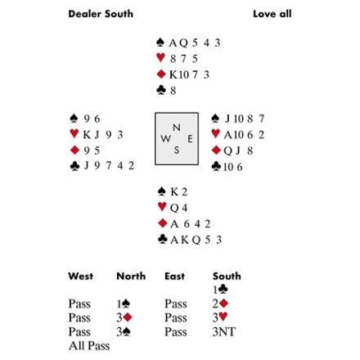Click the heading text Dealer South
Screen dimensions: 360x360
(101, 14)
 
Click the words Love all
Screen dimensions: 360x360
(272, 14)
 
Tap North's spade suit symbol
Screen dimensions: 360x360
(160, 43)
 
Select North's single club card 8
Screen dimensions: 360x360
(173, 91)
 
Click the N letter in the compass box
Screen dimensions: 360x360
(177, 128)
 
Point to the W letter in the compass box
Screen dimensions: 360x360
(165, 139)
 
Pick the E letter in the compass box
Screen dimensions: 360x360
(190, 139)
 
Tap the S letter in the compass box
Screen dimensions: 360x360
(177, 150)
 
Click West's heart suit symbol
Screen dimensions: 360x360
(74, 133)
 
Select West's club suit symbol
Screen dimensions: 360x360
(74, 166)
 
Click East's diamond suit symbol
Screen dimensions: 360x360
(216, 150)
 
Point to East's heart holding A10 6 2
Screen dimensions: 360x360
(244, 134)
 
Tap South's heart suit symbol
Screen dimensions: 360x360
(162, 207)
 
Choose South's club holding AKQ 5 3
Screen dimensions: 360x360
(196, 240)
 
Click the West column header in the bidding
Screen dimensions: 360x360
(81, 276)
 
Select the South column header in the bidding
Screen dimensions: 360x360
(227, 276)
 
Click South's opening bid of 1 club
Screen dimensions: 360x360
(220, 290)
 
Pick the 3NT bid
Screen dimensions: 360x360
(224, 332)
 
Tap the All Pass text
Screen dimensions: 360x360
(89, 346)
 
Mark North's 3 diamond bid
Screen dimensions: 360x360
(124, 317)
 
